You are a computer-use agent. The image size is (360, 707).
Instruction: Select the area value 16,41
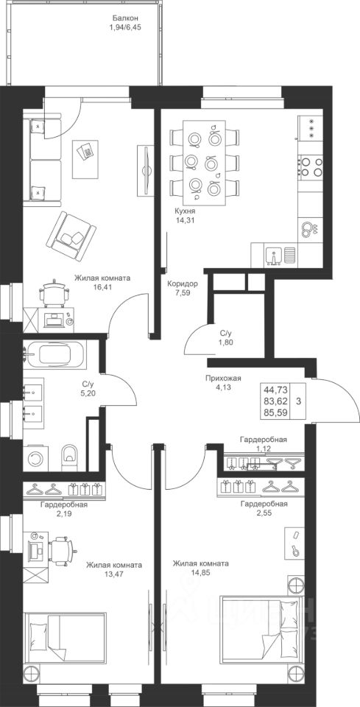click(x=103, y=286)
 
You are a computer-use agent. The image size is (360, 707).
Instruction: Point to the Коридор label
click(x=182, y=284)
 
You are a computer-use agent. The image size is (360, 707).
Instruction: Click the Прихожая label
click(x=221, y=379)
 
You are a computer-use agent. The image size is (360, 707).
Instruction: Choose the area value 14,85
click(x=200, y=572)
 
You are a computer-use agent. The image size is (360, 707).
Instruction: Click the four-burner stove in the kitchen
click(x=311, y=166)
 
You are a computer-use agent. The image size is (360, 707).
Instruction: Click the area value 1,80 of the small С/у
click(x=226, y=342)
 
